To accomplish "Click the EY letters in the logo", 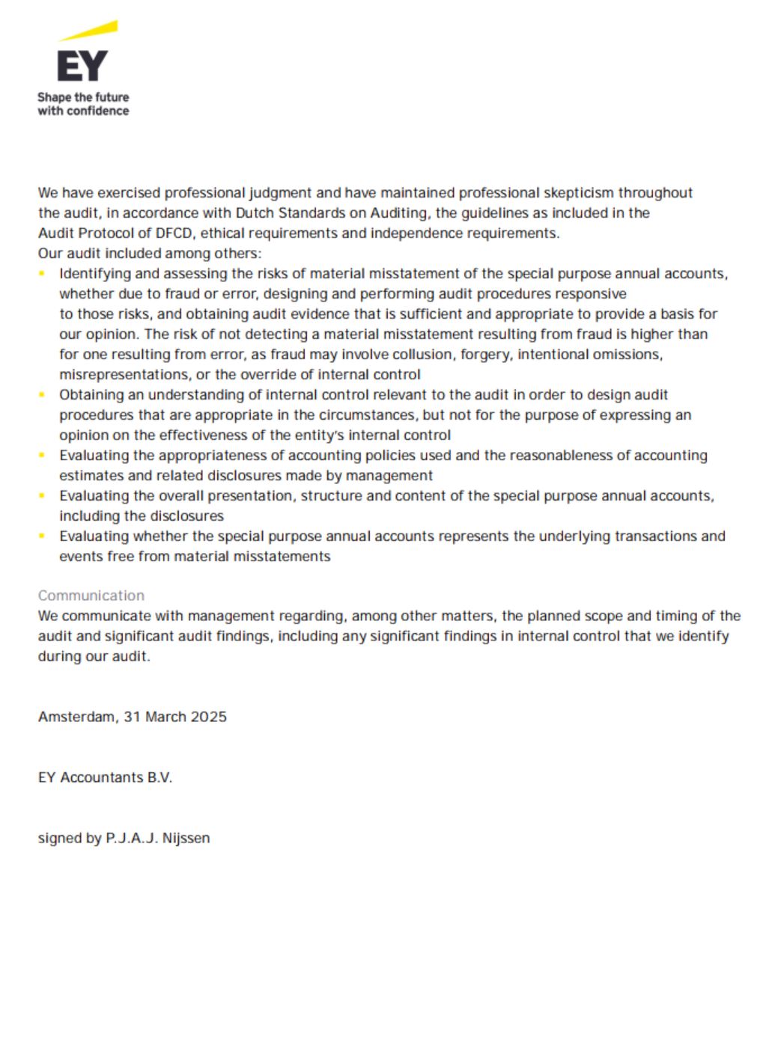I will click(82, 66).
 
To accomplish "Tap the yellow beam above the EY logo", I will click(90, 31).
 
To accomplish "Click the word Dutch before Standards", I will click(255, 213).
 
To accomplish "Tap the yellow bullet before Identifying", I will click(43, 274).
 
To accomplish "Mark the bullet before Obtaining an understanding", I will click(43, 395).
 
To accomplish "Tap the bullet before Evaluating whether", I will click(43, 536).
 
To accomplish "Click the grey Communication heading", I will click(91, 596).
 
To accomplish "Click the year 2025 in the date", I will click(208, 717).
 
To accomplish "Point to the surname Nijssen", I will click(186, 838).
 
